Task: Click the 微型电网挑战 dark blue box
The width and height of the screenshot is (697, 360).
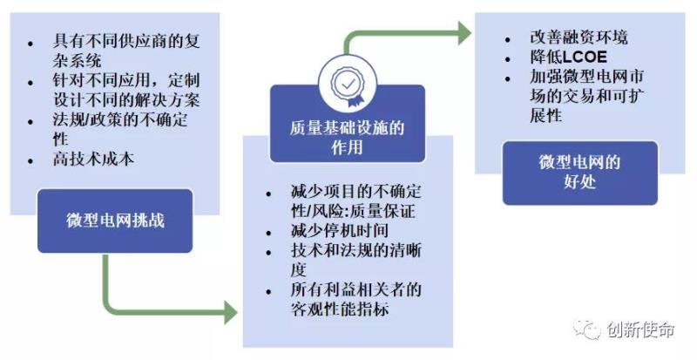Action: coord(115,221)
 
